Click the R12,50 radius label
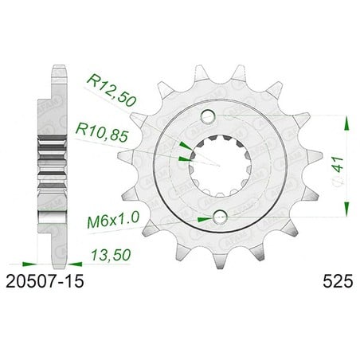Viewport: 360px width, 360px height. point(112,91)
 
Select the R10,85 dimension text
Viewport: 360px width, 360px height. point(102,133)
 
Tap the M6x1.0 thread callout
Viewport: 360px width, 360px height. point(113,221)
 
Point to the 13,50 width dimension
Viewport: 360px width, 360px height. point(111,255)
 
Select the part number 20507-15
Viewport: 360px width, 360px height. point(45,281)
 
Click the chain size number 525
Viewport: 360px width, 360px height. point(338,281)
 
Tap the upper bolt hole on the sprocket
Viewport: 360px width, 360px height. point(208,116)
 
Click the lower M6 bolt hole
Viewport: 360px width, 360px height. point(220,217)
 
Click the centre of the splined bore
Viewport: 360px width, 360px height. point(218,166)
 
